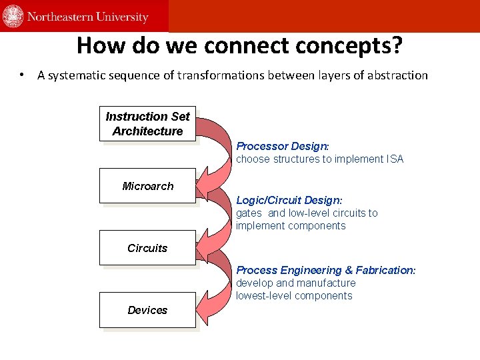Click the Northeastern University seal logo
click(13, 16)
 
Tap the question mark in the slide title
click(397, 45)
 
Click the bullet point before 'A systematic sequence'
click(23, 75)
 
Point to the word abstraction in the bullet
click(396, 75)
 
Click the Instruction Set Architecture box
click(147, 124)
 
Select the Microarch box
click(147, 186)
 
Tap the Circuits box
click(147, 248)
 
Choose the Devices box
click(147, 310)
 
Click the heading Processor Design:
click(283, 146)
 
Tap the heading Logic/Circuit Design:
click(289, 200)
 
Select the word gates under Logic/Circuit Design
click(249, 213)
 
